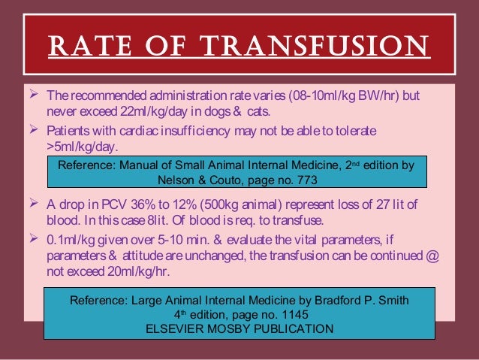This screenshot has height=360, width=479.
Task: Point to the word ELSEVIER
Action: [x=179, y=329]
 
